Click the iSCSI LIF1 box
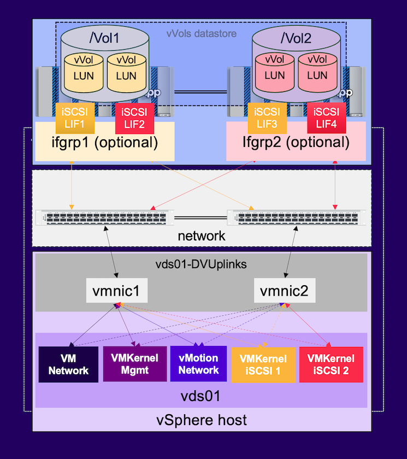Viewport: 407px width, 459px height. pyautogui.click(x=75, y=117)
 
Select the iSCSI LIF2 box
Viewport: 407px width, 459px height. pyautogui.click(x=134, y=118)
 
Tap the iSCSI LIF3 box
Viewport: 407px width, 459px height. pyautogui.click(x=267, y=117)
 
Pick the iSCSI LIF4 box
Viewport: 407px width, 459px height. pyautogui.click(x=327, y=118)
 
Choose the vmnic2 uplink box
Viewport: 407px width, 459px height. pyautogui.click(x=285, y=291)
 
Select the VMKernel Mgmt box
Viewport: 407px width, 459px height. pyautogui.click(x=134, y=364)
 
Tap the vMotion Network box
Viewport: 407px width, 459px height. pyautogui.click(x=199, y=364)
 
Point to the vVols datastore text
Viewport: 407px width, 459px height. pyautogui.click(x=202, y=34)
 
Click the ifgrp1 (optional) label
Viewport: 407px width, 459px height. pyautogui.click(x=104, y=143)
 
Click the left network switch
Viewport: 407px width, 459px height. pyautogui.click(x=104, y=217)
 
